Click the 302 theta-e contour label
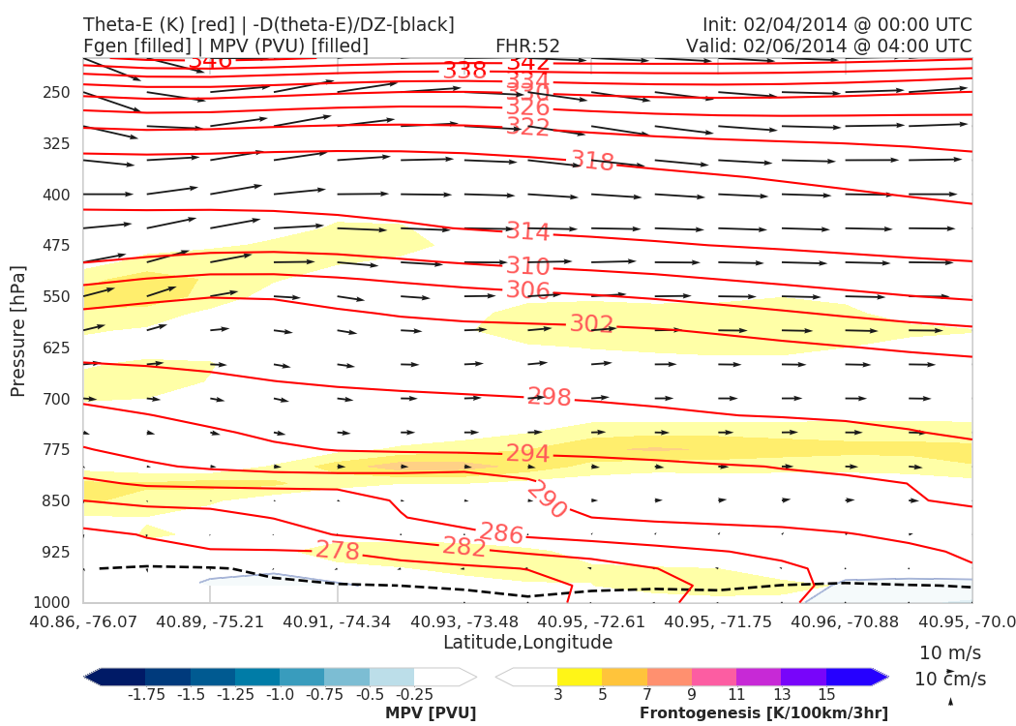(x=592, y=323)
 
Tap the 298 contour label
(x=550, y=397)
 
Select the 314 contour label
(x=527, y=231)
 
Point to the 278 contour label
(x=338, y=551)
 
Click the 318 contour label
(x=592, y=161)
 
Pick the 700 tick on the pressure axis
(x=57, y=399)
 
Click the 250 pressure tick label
(x=57, y=93)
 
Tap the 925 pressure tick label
(x=57, y=552)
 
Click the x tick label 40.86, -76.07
(x=83, y=620)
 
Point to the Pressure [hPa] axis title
(x=18, y=329)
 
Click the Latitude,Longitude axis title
(x=527, y=642)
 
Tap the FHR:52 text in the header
(x=527, y=45)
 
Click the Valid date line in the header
(x=828, y=45)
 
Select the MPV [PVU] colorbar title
(x=431, y=712)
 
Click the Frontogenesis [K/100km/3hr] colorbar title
(x=763, y=712)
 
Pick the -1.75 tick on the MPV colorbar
(x=145, y=694)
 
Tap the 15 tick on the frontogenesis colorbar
(x=826, y=694)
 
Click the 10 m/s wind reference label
(x=945, y=651)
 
